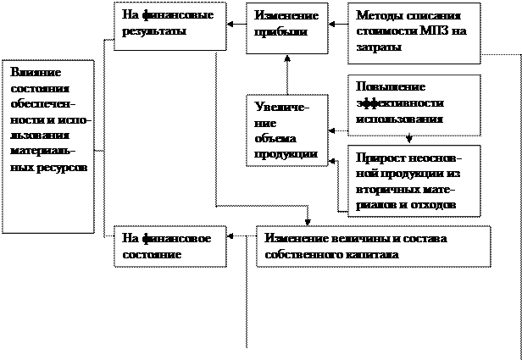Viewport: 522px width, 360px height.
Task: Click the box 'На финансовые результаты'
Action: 170,26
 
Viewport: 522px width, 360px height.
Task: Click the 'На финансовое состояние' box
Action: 170,246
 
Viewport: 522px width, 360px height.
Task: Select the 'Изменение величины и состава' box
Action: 373,246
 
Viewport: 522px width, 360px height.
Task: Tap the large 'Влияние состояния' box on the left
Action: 48,145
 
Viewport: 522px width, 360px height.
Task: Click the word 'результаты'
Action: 153,32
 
